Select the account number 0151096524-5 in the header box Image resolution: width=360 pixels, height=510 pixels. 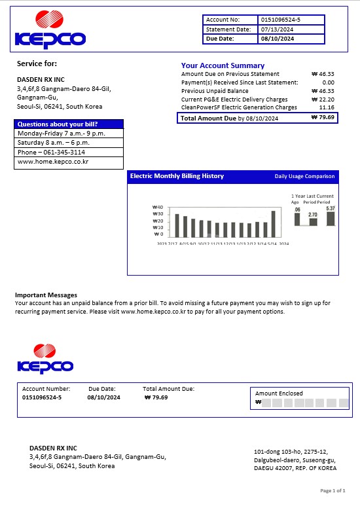(280, 20)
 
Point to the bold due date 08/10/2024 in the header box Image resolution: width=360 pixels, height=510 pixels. (278, 39)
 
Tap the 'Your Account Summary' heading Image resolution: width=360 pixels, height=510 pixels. (223, 65)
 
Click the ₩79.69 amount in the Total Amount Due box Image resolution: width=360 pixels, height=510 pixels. (323, 118)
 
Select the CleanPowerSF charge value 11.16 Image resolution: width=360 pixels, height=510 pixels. (327, 107)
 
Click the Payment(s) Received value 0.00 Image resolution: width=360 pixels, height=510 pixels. (328, 82)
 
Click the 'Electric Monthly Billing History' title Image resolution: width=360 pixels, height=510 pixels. (177, 176)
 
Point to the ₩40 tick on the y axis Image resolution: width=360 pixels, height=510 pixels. (157, 208)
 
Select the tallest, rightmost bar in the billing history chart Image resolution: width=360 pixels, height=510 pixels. (273, 223)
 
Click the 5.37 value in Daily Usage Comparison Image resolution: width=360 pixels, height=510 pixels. (331, 208)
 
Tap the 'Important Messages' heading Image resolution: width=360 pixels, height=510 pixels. (46, 295)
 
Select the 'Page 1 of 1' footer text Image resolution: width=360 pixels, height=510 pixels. (333, 490)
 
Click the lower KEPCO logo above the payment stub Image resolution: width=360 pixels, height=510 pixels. (45, 359)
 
